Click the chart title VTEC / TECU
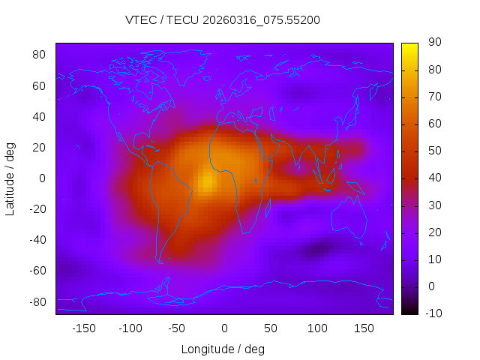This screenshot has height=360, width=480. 223,20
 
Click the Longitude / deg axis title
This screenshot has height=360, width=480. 223,349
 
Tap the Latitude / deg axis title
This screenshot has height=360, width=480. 10,178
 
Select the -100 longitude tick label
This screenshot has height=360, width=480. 130,328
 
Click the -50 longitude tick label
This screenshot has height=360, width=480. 177,328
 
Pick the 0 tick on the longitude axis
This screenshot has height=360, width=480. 223,328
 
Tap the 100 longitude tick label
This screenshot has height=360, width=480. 317,328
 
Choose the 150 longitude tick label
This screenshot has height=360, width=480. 364,328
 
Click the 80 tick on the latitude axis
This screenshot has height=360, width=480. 40,55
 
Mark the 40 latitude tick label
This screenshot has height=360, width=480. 40,116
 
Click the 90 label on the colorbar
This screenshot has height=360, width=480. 434,43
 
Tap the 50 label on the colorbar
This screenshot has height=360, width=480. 434,151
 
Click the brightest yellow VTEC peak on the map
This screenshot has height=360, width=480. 208,181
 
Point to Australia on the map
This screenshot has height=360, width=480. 348,217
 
